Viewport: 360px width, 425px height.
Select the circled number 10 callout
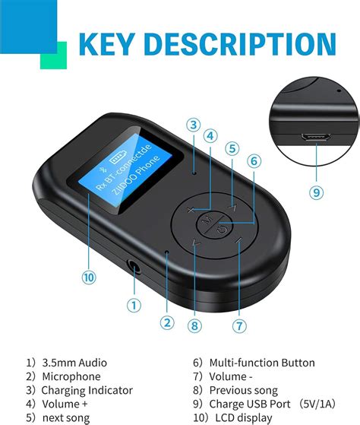[90, 278]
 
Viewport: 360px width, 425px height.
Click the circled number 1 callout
[134, 306]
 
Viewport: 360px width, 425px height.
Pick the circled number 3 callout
[194, 125]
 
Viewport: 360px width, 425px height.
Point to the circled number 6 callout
[255, 160]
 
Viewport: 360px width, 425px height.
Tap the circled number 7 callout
[240, 325]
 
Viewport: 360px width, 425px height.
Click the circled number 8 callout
[196, 325]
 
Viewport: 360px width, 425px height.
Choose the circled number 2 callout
[167, 322]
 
